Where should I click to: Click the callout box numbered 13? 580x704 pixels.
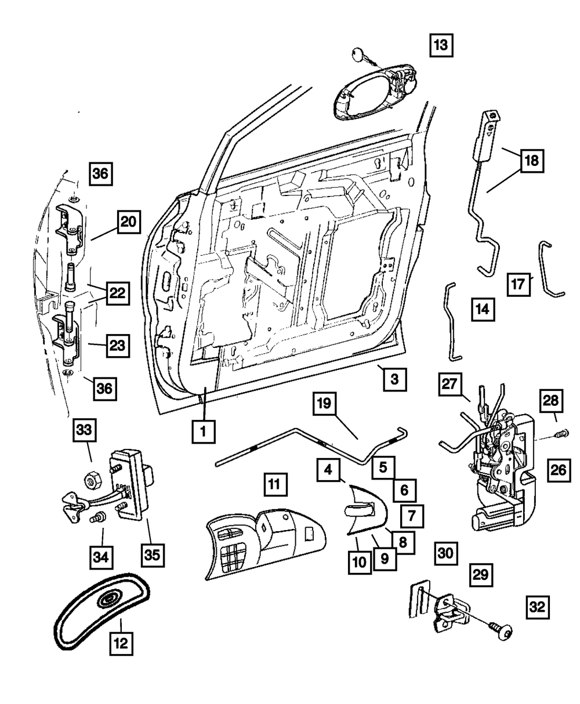coord(441,45)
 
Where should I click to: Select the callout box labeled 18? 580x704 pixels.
coord(532,161)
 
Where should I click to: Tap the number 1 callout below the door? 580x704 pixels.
coord(203,431)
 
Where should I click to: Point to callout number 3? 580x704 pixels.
coord(394,380)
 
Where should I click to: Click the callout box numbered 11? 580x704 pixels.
coord(276,483)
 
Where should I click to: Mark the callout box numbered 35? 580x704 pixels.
coord(151,555)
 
